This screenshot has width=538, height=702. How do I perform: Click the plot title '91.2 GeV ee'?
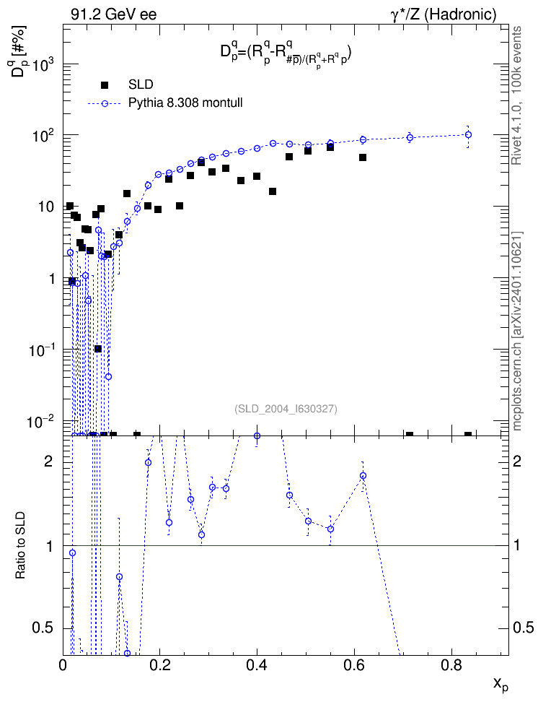pos(114,14)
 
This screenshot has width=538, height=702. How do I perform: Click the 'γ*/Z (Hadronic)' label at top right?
pos(444,14)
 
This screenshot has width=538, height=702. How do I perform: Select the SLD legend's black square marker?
pos(105,84)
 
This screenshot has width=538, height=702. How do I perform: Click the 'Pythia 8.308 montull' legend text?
pos(185,103)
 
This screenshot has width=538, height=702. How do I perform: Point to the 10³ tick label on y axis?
pos(44,66)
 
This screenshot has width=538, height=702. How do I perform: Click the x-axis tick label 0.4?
pos(257,664)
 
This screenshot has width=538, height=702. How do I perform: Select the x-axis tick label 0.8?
pos(451,664)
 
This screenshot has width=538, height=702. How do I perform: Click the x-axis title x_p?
pos(500,684)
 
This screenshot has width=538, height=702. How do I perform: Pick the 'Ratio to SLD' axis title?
pos(21,545)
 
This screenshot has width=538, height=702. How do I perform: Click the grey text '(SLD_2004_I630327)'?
pos(286,409)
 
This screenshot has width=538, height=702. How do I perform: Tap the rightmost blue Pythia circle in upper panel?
pos(468,135)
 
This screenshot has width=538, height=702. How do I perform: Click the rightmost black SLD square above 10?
pos(363,157)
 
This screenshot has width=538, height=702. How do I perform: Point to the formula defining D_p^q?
pos(286,53)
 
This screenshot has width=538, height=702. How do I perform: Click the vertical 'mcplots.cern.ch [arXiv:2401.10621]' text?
pos(517,331)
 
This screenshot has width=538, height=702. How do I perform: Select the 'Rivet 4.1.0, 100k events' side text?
pos(516,95)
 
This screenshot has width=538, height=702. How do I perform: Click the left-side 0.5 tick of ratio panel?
pos(44,628)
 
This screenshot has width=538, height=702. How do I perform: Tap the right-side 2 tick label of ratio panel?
pos(516,461)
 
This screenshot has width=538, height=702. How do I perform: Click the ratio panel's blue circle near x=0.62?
pos(363,475)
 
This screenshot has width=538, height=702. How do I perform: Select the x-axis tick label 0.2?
pos(159,664)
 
